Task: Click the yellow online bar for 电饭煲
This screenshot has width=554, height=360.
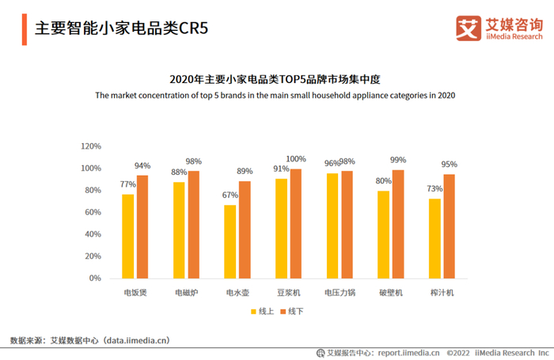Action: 127,236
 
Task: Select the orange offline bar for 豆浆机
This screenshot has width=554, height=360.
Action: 296,223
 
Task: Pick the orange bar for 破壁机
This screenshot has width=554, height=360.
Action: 398,224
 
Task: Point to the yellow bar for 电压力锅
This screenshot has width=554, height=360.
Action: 332,225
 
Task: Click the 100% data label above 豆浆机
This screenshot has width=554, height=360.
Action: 296,159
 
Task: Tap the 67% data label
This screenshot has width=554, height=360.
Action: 230,195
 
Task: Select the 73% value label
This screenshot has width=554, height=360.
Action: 434,189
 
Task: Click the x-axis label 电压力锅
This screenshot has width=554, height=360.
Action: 340,293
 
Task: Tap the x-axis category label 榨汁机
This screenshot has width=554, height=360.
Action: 442,293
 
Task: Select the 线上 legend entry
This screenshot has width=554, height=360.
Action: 265,312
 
